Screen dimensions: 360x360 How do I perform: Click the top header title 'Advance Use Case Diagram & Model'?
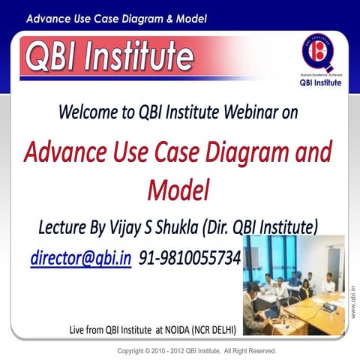point(116,17)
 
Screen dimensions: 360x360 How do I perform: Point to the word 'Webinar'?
point(256,114)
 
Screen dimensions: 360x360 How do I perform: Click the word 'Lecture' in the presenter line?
point(66,226)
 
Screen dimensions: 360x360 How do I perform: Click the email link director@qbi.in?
point(81,258)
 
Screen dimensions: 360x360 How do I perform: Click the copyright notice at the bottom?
point(197,350)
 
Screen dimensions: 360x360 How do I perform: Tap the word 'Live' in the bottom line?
point(78,328)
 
